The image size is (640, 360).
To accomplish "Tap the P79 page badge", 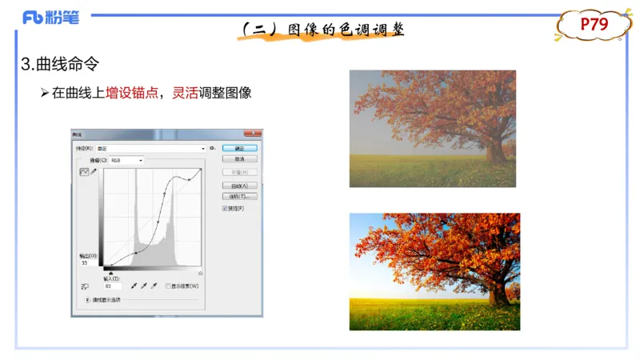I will [x=594, y=25].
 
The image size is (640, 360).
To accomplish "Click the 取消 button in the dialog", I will [x=239, y=159].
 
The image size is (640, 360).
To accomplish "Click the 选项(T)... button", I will [x=239, y=196].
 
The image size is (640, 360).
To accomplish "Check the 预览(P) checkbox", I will [x=225, y=209].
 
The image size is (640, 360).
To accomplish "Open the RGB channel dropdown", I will [x=126, y=160].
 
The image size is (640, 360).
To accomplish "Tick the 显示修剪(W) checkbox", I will [x=168, y=286].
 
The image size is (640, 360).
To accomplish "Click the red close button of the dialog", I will [x=254, y=134].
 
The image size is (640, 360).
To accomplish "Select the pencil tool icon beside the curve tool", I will [x=94, y=171].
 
